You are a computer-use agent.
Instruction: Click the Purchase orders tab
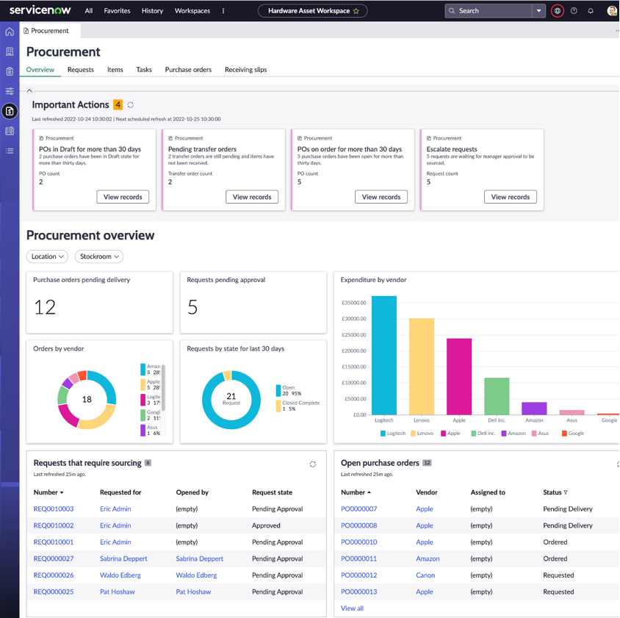[188, 70]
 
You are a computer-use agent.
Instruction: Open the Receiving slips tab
[245, 70]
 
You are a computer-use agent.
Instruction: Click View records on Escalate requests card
[510, 197]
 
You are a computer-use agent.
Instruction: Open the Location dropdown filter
[48, 256]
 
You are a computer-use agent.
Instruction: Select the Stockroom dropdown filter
[99, 256]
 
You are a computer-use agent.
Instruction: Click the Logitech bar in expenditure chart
[384, 356]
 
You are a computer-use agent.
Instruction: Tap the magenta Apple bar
[459, 376]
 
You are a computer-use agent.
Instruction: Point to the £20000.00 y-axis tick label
[354, 351]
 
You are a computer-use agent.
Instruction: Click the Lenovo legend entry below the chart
[422, 434]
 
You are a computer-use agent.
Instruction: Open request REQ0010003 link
[54, 509]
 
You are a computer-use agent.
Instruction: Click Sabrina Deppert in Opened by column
[199, 558]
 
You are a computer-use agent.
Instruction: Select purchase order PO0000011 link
[358, 558]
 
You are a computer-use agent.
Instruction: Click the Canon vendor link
[425, 575]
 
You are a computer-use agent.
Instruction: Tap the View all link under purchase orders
[352, 608]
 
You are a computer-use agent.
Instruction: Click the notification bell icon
[591, 11]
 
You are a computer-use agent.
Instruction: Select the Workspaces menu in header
[192, 11]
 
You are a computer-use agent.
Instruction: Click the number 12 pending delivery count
[46, 307]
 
